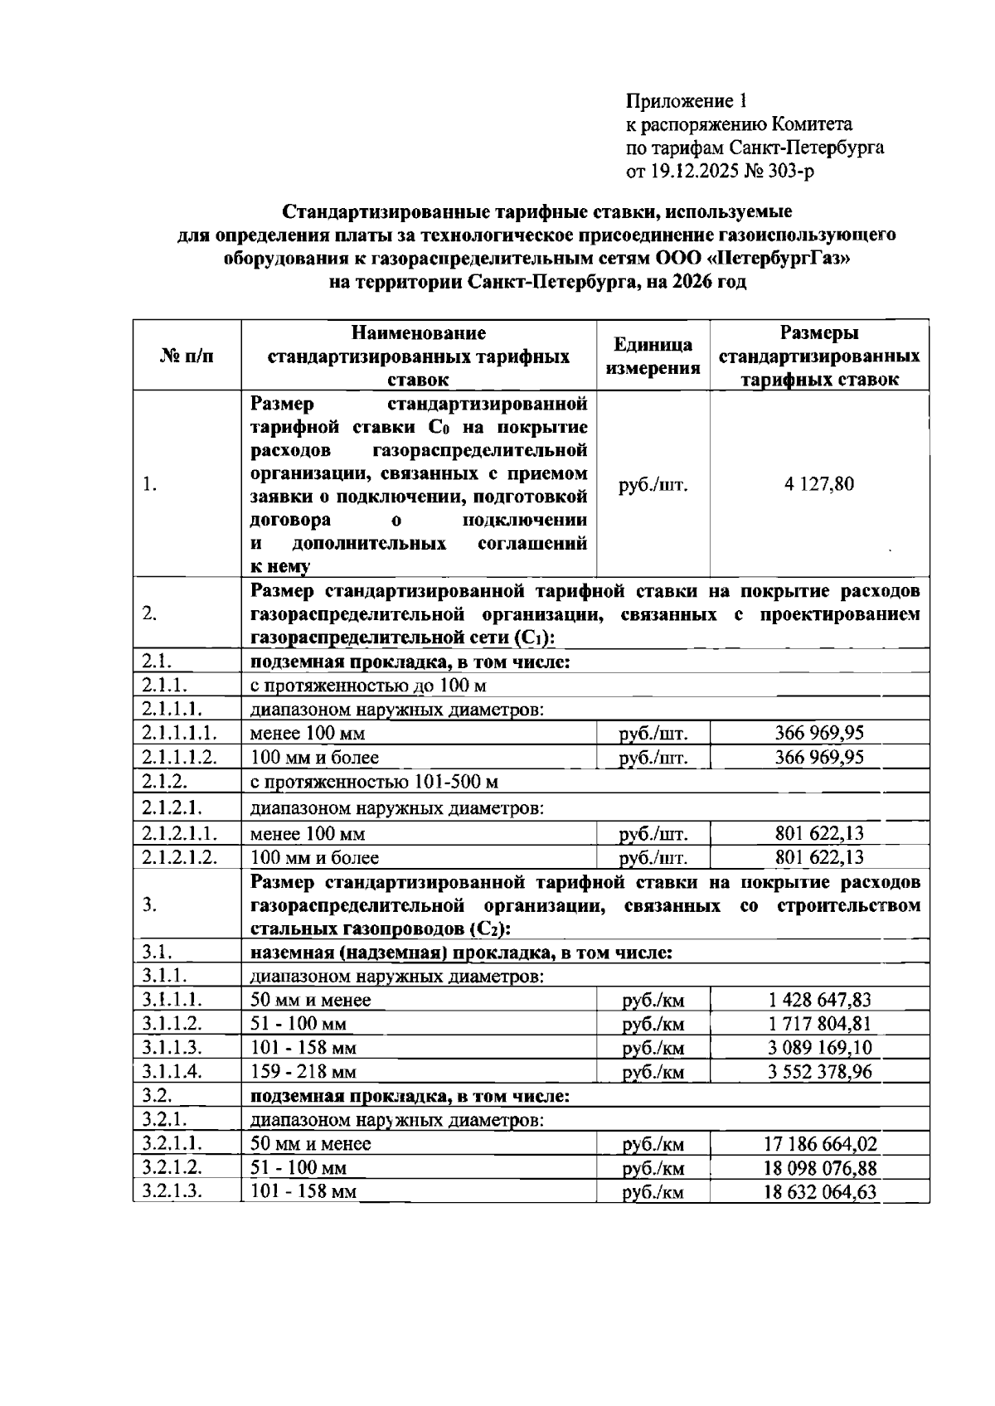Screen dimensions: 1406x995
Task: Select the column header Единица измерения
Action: (x=653, y=356)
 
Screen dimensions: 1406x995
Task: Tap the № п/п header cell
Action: (x=187, y=356)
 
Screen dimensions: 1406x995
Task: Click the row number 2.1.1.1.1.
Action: (x=180, y=733)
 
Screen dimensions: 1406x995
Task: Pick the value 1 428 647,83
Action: (x=819, y=1000)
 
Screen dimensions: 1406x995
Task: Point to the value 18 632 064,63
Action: (x=819, y=1192)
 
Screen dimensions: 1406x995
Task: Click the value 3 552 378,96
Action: (x=819, y=1072)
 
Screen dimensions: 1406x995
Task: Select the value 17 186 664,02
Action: (x=819, y=1145)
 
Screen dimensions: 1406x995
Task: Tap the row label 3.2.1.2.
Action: (x=173, y=1168)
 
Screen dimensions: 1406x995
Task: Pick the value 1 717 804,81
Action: (x=819, y=1024)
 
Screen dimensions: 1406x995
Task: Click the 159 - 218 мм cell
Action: (x=303, y=1072)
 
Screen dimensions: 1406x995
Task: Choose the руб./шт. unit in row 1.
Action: (x=653, y=485)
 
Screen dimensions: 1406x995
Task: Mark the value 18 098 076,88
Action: (x=819, y=1169)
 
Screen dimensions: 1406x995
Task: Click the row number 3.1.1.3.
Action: (x=172, y=1048)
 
